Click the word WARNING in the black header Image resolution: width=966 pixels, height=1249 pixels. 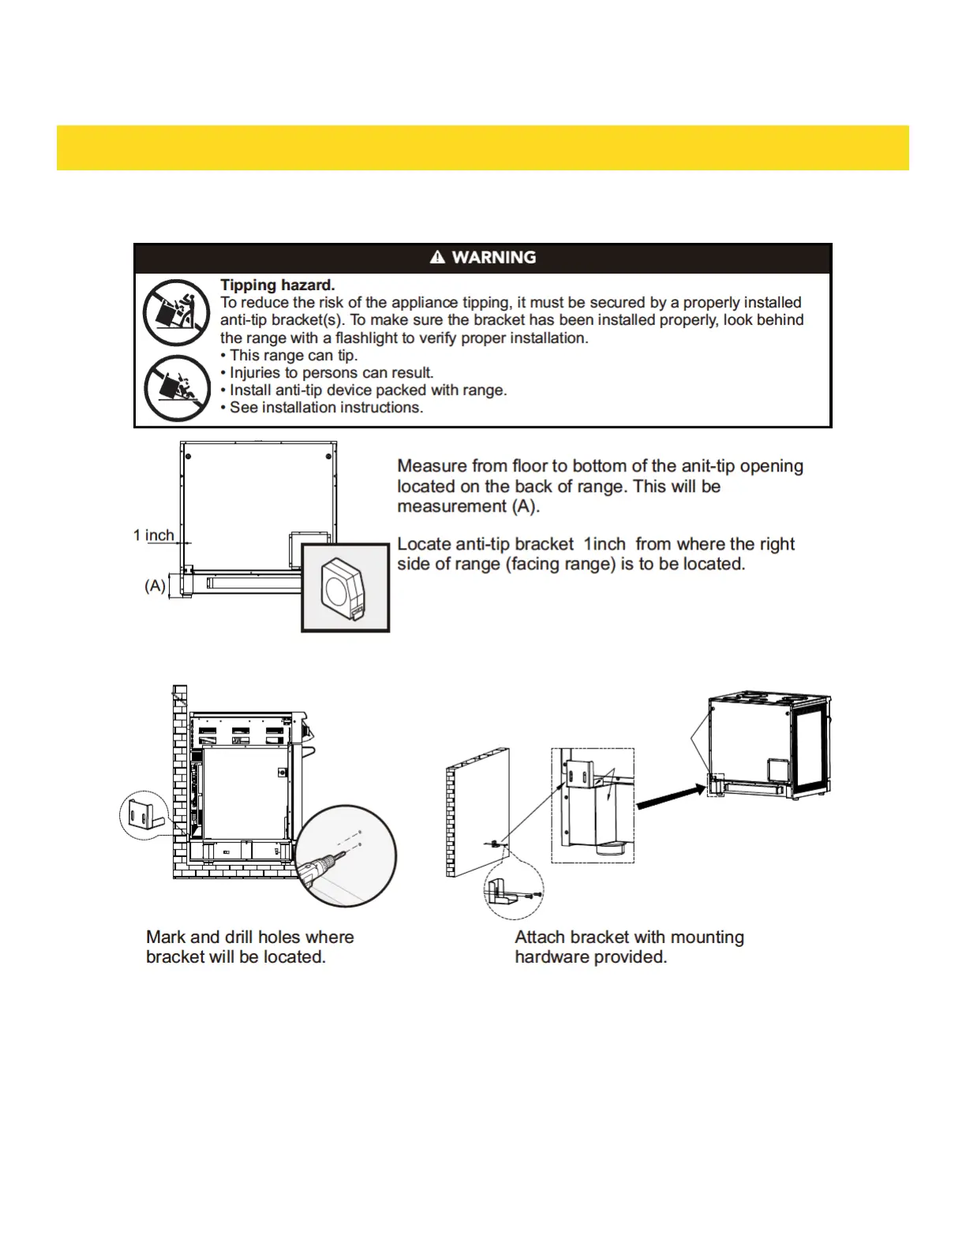click(494, 258)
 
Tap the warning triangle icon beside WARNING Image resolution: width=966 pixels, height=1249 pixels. click(437, 257)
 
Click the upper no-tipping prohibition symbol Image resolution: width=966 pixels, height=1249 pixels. click(176, 312)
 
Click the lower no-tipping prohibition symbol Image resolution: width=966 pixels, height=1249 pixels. click(177, 388)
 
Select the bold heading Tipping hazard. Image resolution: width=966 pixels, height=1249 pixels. click(277, 285)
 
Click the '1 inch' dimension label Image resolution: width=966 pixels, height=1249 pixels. click(154, 535)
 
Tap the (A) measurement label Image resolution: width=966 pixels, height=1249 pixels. click(155, 586)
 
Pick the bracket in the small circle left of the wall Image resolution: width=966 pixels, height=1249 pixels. click(144, 815)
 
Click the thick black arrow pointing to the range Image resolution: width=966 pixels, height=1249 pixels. click(670, 795)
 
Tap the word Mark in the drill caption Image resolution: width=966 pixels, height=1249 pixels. click(165, 937)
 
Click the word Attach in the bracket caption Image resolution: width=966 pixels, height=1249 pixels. click(540, 937)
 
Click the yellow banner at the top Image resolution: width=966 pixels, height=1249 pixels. click(482, 147)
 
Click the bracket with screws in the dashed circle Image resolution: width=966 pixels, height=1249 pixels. click(513, 891)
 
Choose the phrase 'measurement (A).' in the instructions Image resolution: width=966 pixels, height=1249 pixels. click(468, 506)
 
